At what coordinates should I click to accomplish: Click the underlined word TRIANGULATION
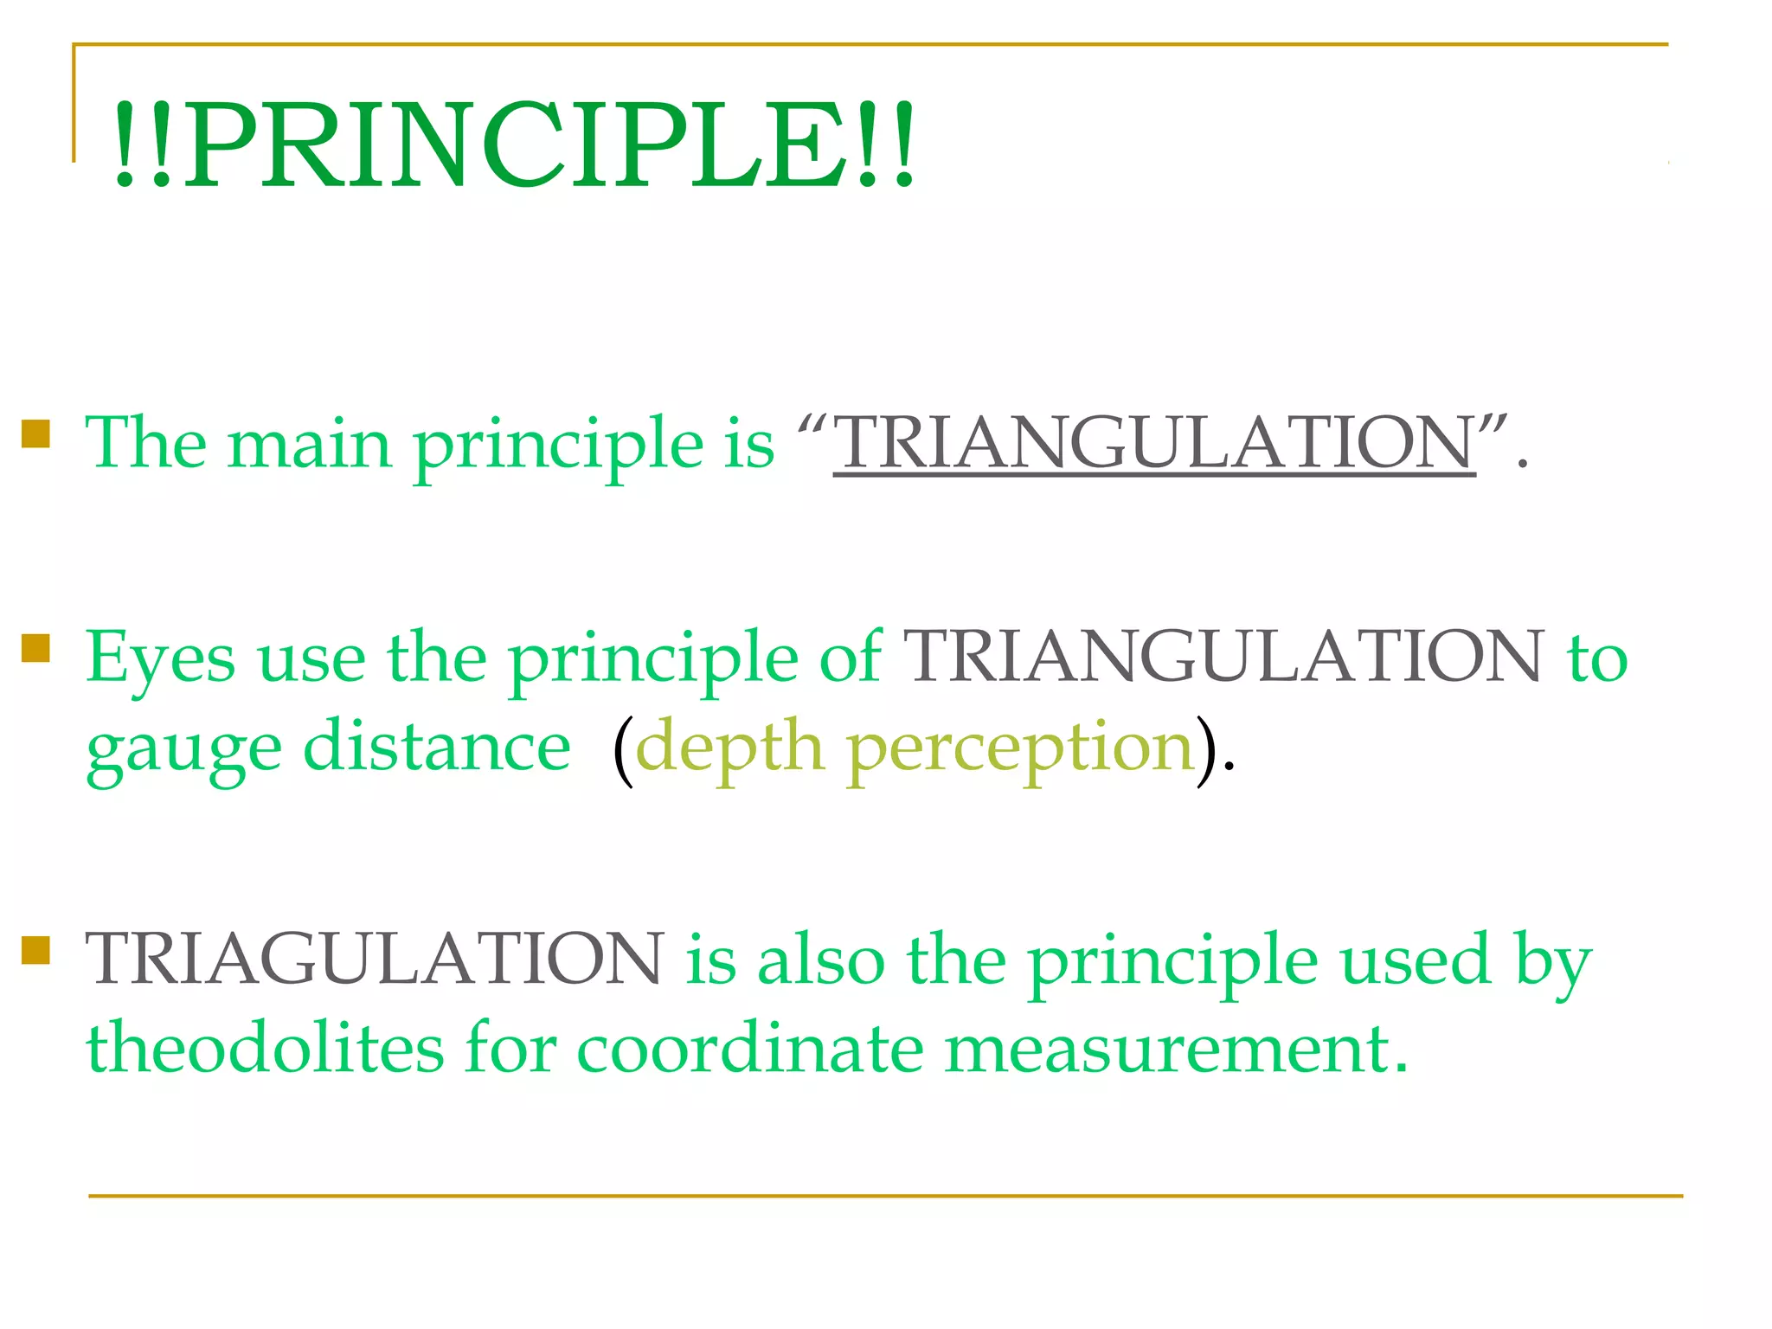coord(1154,443)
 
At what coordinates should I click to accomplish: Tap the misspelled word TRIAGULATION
coord(375,959)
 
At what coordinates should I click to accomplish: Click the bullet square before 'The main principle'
coord(35,433)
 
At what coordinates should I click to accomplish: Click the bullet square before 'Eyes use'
coord(35,647)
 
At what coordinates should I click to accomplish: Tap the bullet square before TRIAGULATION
coord(35,949)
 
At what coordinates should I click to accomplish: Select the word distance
coord(437,746)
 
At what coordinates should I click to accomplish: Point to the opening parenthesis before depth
coord(623,749)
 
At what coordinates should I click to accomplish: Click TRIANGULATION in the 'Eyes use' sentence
coord(1223,658)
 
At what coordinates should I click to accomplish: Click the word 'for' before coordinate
coord(510,1047)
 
